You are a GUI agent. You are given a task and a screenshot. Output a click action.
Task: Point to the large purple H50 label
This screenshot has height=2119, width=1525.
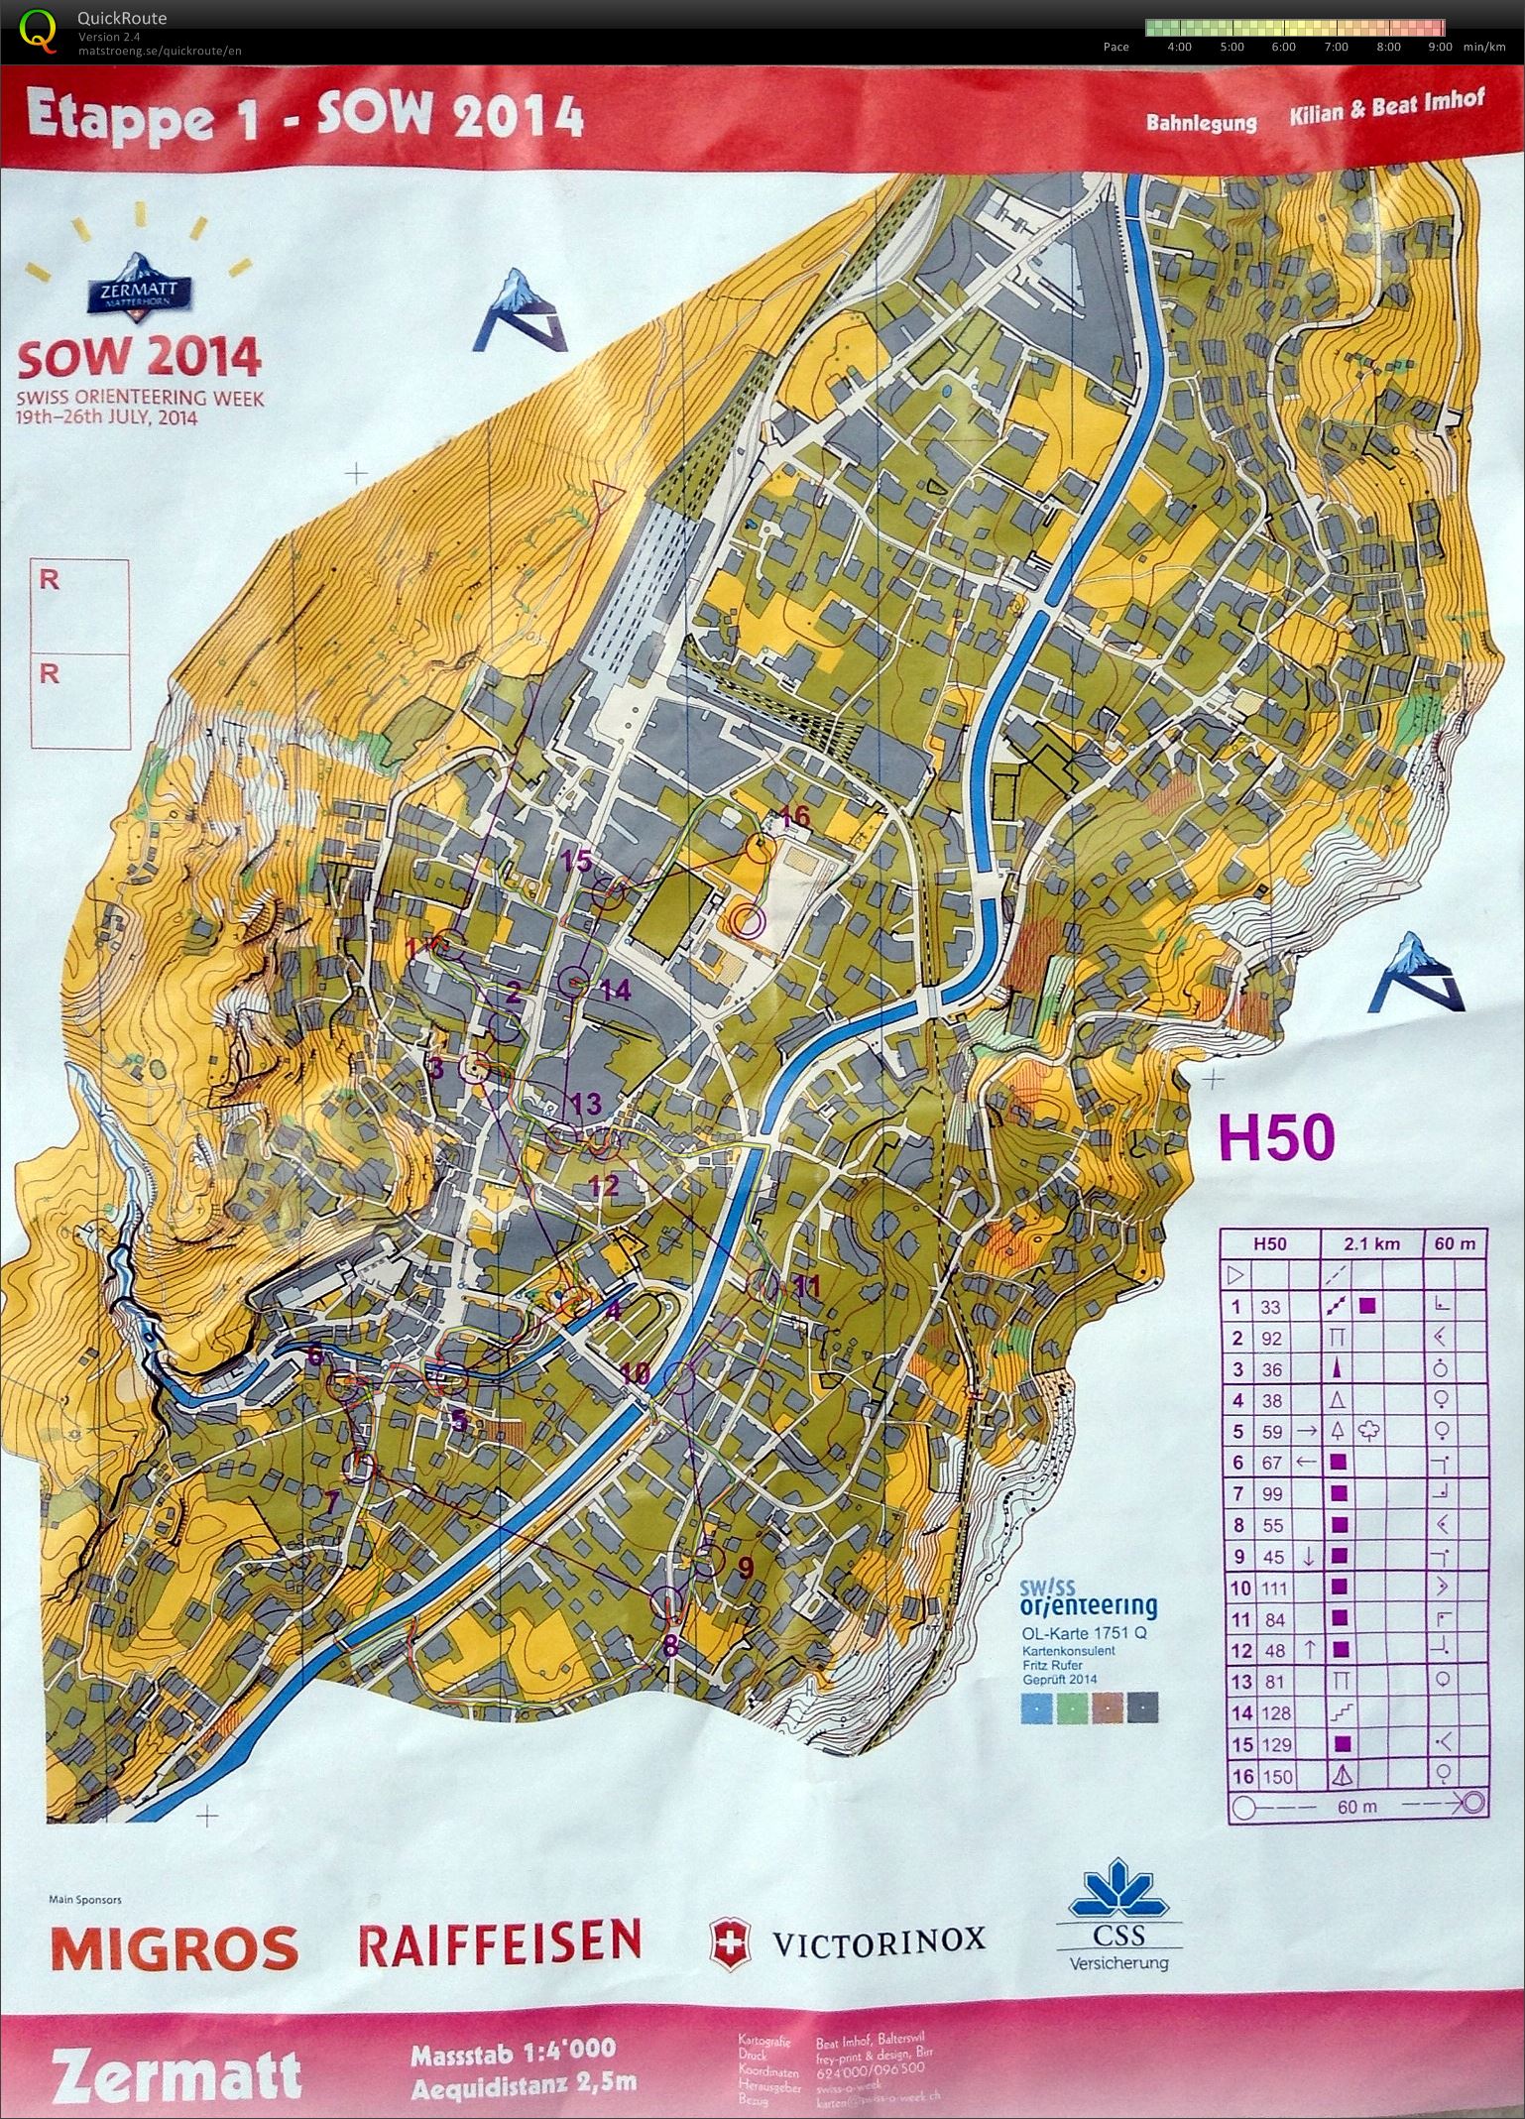pos(1275,1137)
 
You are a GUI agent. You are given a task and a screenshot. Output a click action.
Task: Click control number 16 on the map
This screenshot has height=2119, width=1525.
pos(795,818)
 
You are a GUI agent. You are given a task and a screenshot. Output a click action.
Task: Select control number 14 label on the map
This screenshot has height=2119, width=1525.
pos(615,990)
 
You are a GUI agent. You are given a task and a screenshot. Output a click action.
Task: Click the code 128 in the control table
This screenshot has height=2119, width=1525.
pos(1276,1713)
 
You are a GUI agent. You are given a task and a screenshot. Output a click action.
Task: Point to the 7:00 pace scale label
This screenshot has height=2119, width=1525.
pos(1335,47)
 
